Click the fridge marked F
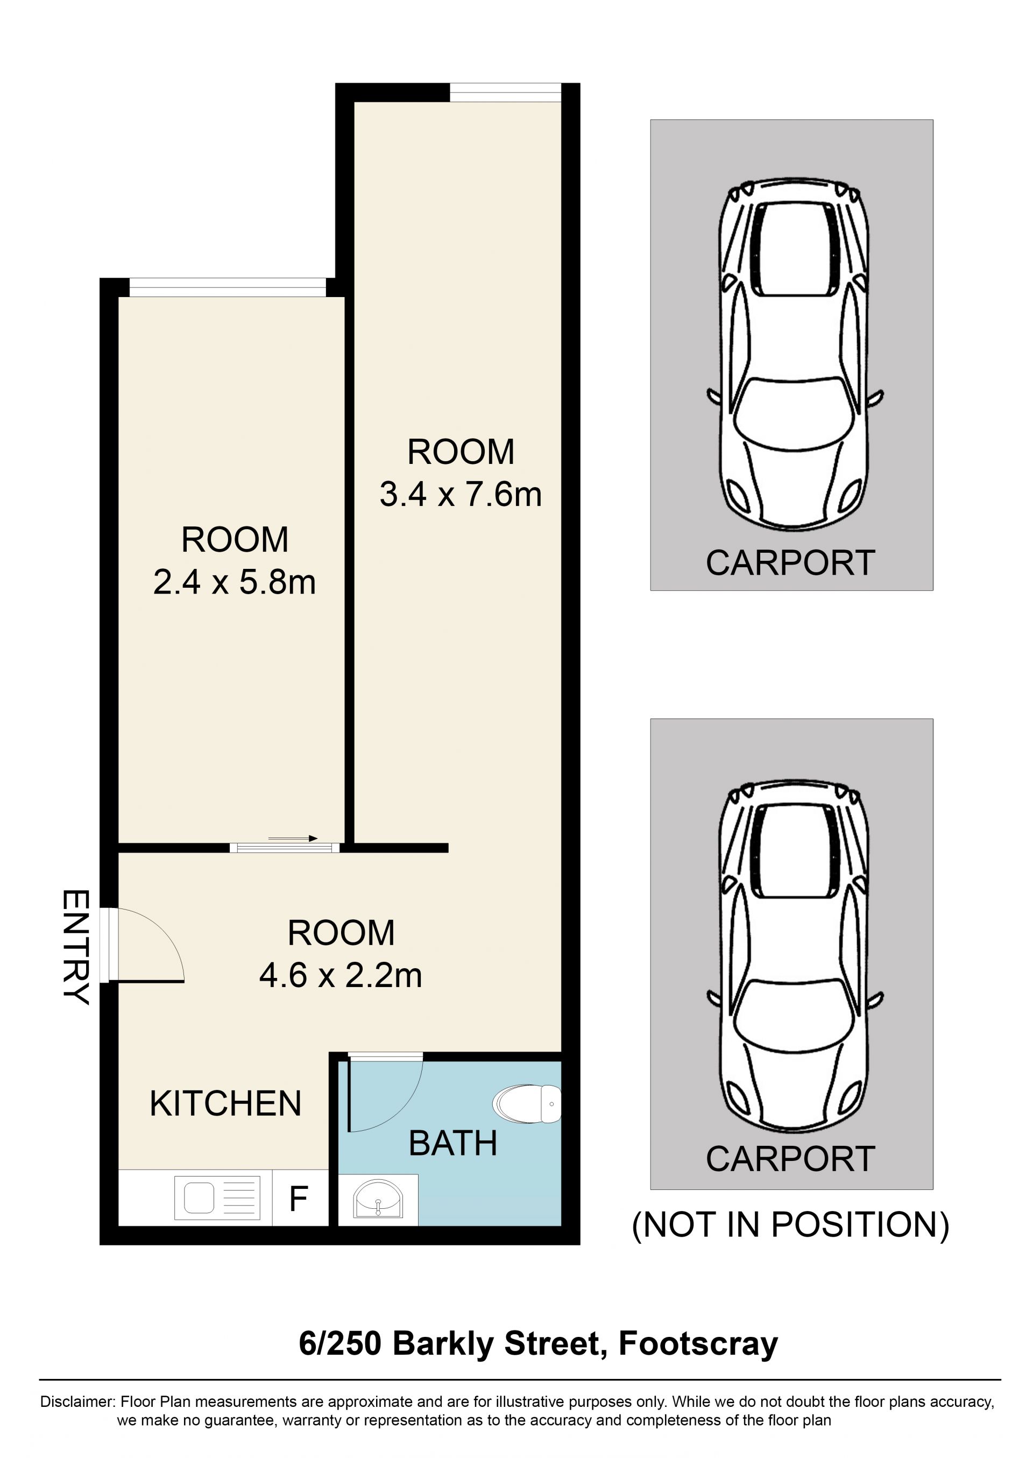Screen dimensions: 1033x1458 [300, 1198]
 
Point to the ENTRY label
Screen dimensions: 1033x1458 [76, 947]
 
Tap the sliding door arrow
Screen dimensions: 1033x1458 [293, 839]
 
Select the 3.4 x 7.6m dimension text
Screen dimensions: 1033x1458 [461, 494]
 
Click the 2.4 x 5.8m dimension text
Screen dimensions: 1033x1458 [235, 582]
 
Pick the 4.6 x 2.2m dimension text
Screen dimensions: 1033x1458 [341, 975]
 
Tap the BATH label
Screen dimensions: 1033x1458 [452, 1143]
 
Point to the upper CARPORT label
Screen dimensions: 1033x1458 [791, 563]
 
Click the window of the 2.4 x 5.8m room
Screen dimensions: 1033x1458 [228, 287]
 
